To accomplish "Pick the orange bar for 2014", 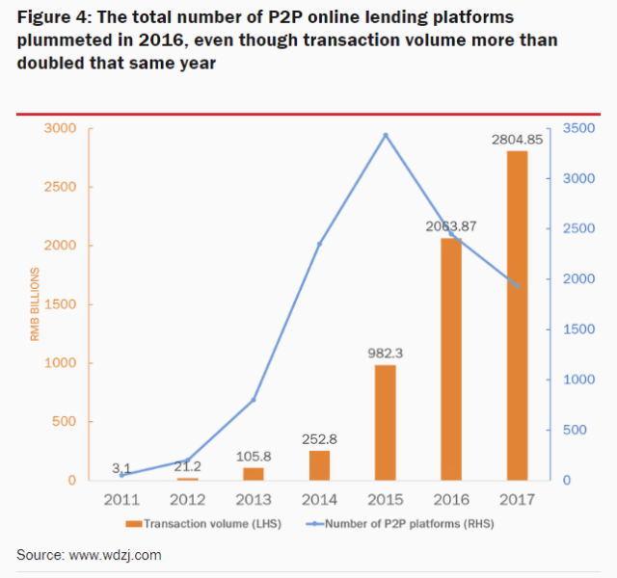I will coord(319,464).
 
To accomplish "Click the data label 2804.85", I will coord(517,140).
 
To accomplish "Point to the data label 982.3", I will coord(386,354).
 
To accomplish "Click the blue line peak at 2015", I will coord(386,135).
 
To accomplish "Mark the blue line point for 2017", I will coord(517,286).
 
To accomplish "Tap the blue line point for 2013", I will coord(254,399).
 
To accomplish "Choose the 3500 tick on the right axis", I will coord(576,128).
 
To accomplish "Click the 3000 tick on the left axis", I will coord(59,128).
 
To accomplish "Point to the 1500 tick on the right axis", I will coord(576,329).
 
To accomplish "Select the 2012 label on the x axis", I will coord(188,500).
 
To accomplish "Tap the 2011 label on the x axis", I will coord(122,500).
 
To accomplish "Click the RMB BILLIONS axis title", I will coord(35,304).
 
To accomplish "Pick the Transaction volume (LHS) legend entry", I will coord(198,523).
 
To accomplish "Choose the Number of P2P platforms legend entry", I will coord(395,523).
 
